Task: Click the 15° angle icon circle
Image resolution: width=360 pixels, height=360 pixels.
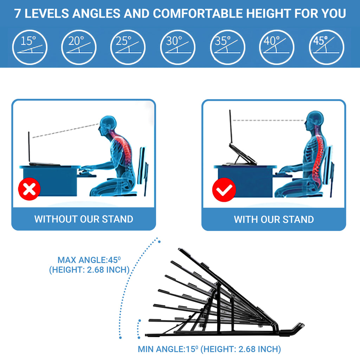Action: (30, 47)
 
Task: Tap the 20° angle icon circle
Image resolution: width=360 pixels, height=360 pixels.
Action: (79, 47)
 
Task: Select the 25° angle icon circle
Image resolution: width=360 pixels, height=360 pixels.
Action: (128, 47)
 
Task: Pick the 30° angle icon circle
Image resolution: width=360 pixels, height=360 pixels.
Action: (178, 47)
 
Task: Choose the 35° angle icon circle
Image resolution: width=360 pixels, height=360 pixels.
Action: (227, 47)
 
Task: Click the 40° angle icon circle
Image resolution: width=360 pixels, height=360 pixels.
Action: (277, 47)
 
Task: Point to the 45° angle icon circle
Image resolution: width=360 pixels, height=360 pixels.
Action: (326, 47)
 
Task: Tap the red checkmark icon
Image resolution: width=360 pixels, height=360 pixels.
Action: (224, 190)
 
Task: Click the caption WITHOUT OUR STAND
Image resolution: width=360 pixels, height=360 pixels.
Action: (84, 219)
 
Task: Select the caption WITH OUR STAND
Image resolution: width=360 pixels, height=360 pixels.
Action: (274, 219)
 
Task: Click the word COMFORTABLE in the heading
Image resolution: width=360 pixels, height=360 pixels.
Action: (198, 14)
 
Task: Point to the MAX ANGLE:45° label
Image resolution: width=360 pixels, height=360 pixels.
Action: (89, 261)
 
